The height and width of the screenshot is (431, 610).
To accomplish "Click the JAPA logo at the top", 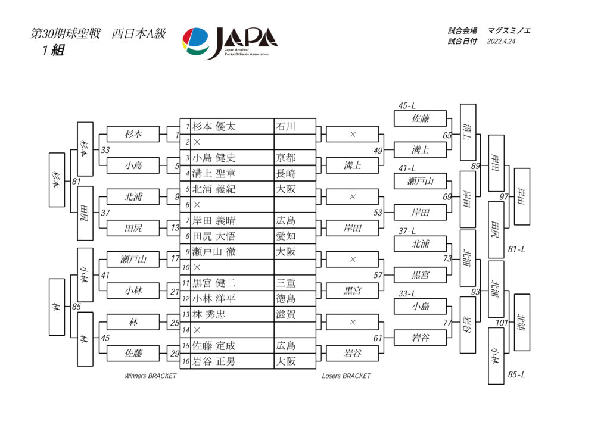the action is point(230,43).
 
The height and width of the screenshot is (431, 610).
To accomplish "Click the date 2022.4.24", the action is point(501,42).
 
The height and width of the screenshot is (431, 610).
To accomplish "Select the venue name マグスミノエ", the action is point(509,31).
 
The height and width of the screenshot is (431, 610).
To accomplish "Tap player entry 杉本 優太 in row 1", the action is point(214,127).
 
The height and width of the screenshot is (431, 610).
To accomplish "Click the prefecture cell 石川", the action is point(286,127).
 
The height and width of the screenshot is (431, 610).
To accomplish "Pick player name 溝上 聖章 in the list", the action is point(214,173).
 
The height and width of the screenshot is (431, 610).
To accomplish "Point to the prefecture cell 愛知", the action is point(286,236).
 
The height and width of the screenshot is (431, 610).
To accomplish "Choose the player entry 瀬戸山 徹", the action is point(214,252).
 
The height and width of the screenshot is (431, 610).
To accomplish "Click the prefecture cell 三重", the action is point(286,283).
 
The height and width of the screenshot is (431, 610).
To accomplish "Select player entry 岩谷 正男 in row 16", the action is point(214,361).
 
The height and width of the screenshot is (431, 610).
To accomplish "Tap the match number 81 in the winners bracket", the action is point(76,181).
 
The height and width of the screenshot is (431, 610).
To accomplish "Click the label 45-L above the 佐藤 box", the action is point(406,106).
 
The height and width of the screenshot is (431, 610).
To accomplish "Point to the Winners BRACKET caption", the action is point(151,376).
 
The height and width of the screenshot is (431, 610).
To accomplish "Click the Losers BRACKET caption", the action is point(346,376).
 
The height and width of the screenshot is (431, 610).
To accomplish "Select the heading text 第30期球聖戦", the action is point(66,34).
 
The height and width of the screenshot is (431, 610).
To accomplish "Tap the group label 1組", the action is point(53,50).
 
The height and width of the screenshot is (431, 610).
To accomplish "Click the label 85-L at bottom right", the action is point(516,374).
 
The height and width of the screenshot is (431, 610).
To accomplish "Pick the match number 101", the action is point(502,323).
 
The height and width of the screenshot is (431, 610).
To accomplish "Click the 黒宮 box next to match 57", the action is point(420,275).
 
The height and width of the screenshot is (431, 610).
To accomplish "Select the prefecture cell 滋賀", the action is point(286,314).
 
